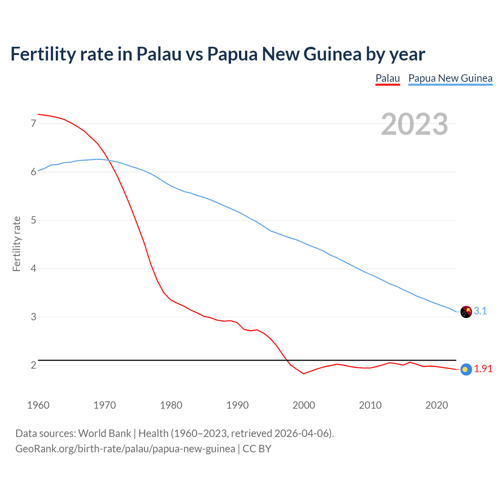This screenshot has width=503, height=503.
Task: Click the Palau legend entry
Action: pos(387,78)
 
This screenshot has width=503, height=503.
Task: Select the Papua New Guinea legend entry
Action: pos(450,78)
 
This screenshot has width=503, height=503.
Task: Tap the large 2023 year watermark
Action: pos(415,124)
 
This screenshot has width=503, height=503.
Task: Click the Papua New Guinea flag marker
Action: pos(466,312)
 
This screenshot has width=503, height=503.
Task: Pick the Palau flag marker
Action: pos(466,369)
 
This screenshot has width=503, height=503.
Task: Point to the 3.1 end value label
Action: pos(480,311)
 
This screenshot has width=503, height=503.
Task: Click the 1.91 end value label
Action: pos(483,369)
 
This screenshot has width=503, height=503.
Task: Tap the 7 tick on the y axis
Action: pos(33,124)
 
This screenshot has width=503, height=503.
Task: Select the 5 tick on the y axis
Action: pos(33,220)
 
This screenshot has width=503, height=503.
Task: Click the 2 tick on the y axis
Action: pos(33,365)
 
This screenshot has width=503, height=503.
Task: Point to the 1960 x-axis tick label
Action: pos(38,405)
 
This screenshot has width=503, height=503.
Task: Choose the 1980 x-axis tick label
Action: pos(171,405)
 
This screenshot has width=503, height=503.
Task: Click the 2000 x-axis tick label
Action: pos(304,405)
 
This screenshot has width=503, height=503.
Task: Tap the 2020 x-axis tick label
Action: pos(437,405)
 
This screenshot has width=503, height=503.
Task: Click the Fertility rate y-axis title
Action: pos(17,244)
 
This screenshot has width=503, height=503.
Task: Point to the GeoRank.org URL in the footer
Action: pos(125,449)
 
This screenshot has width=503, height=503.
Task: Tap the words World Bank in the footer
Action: pos(105,433)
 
